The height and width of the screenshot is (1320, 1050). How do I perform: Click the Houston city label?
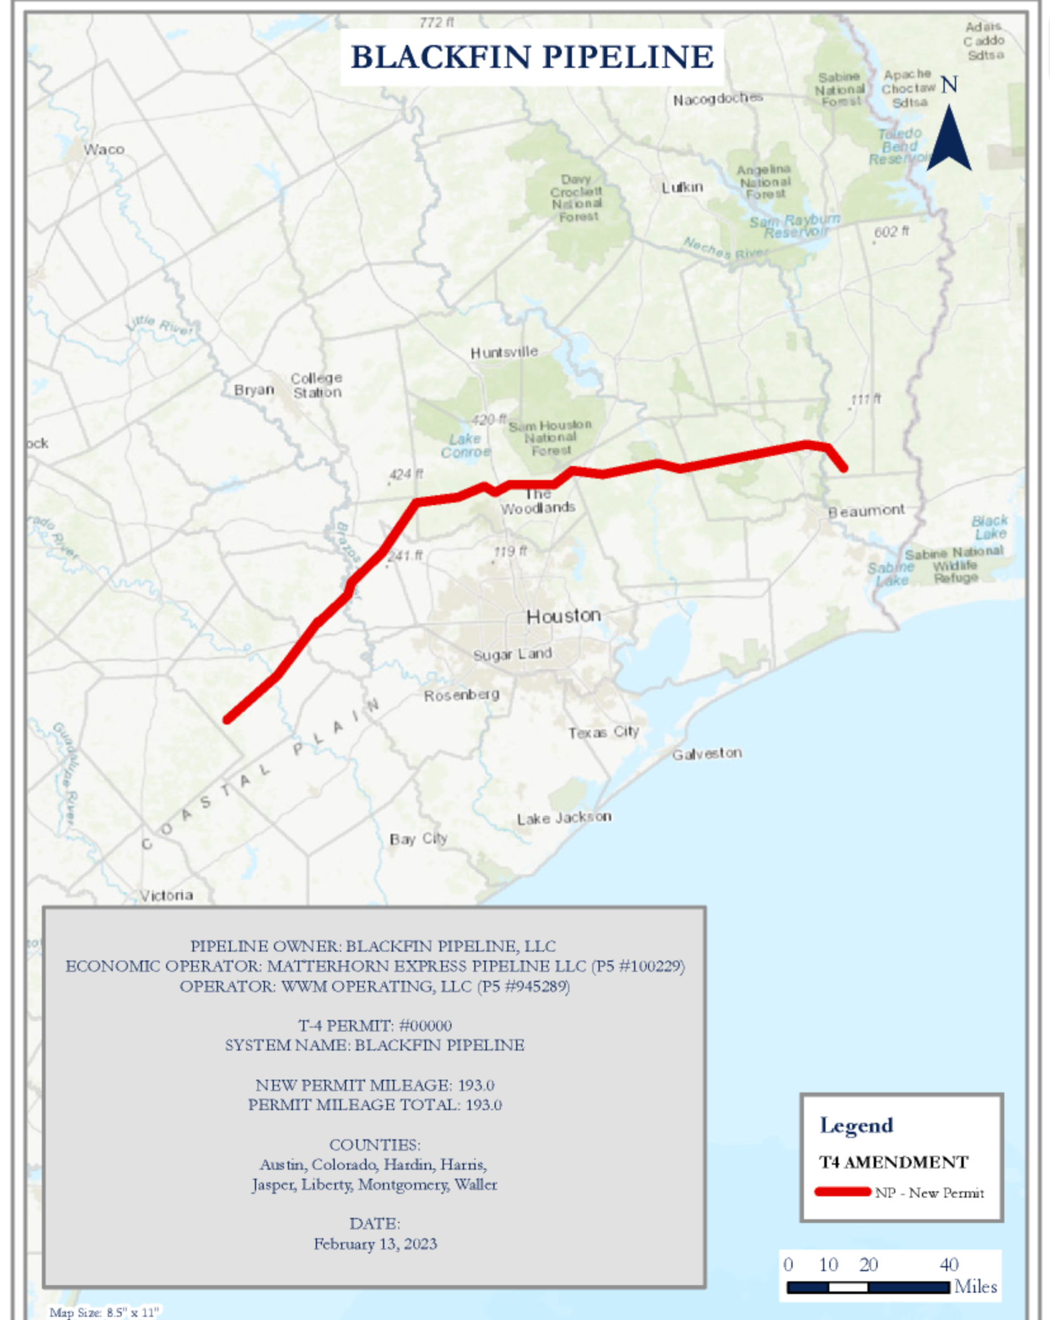(563, 616)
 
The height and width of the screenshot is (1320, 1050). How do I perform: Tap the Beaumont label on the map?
(866, 510)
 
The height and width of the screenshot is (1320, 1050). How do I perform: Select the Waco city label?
(104, 149)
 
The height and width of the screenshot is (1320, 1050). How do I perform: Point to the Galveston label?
(706, 753)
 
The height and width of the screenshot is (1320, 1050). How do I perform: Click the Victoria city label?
(166, 895)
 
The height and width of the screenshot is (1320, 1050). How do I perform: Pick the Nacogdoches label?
(718, 99)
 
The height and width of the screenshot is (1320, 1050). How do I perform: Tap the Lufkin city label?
(682, 187)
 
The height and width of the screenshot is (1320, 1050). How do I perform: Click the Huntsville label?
(504, 352)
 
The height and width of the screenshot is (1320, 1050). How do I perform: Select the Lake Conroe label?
(466, 445)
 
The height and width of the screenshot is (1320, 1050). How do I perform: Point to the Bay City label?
(418, 839)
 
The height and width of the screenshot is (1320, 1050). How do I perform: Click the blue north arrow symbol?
(949, 139)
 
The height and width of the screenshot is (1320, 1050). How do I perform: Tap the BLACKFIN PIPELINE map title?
(532, 57)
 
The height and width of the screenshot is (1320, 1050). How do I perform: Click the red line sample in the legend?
(843, 1192)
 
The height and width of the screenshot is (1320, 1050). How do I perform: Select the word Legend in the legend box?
(856, 1125)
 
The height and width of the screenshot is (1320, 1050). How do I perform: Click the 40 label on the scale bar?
(949, 1264)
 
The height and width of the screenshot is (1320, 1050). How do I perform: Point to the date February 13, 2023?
(375, 1243)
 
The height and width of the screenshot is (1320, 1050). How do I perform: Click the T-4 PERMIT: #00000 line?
(375, 1025)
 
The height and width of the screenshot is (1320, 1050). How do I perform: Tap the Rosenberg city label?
(462, 696)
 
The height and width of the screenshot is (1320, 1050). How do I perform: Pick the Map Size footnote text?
(104, 1312)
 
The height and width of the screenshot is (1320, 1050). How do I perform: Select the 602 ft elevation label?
(891, 232)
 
